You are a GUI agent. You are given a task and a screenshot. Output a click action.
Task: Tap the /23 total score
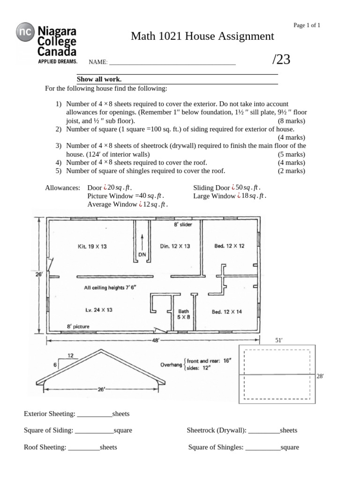pyautogui.click(x=281, y=59)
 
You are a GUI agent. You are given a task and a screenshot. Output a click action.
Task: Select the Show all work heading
pyautogui.click(x=99, y=79)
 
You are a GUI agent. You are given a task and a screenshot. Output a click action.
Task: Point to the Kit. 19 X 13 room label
pyautogui.click(x=92, y=246)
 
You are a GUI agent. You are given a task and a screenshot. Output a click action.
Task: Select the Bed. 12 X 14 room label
pyautogui.click(x=227, y=312)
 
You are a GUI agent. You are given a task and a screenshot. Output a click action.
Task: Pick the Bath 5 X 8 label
pyautogui.click(x=183, y=314)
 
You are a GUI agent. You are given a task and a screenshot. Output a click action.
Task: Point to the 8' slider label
pyautogui.click(x=183, y=225)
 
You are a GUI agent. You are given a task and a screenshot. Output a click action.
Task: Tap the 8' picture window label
pyautogui.click(x=78, y=326)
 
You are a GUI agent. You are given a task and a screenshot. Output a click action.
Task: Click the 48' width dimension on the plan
pyautogui.click(x=156, y=341)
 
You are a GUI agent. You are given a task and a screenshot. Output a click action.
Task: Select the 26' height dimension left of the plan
pyautogui.click(x=39, y=275)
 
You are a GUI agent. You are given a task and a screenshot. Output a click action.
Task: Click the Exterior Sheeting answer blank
pyautogui.click(x=94, y=414)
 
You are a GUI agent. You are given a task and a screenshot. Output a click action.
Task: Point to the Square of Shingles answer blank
pyautogui.click(x=262, y=447)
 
